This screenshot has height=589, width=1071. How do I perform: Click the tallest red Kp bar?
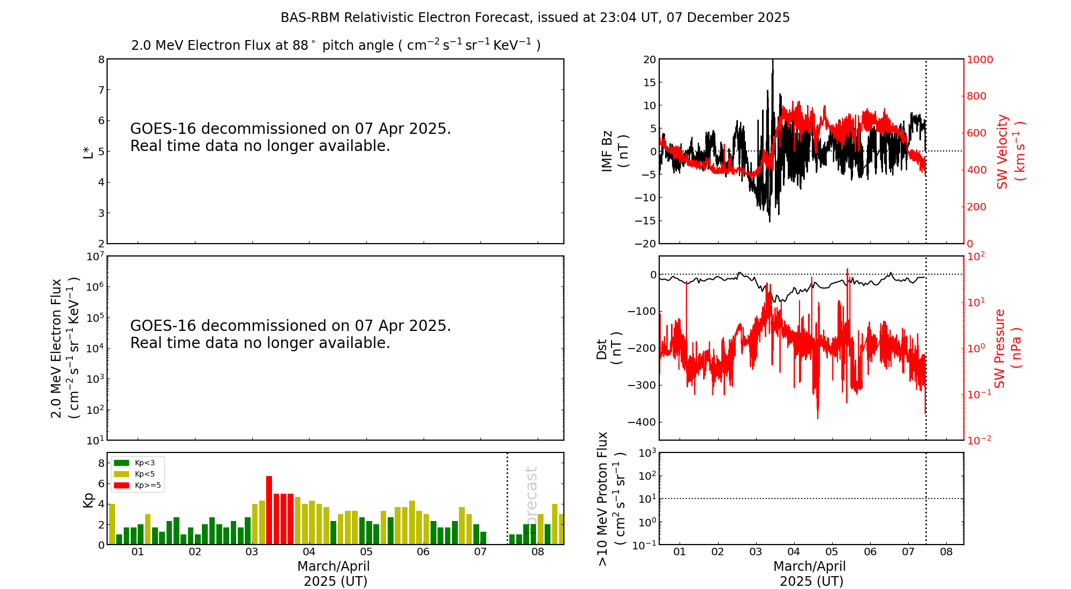269,510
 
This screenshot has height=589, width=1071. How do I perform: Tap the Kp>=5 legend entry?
137,486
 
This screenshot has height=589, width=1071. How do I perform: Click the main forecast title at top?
535,18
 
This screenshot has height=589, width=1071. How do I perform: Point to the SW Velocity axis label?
1010,152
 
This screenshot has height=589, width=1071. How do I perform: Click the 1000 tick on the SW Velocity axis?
979,59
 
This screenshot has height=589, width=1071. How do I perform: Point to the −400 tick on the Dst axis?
645,422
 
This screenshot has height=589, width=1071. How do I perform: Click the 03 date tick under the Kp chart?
252,552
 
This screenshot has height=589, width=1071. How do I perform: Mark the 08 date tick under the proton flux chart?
946,552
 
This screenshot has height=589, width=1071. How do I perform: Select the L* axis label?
88,152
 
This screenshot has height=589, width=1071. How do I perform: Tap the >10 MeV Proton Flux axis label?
610,499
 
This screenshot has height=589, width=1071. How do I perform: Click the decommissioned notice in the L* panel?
290,137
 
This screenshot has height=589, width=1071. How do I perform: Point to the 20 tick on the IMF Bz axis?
650,59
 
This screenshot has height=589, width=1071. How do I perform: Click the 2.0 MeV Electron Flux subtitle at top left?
336,46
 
